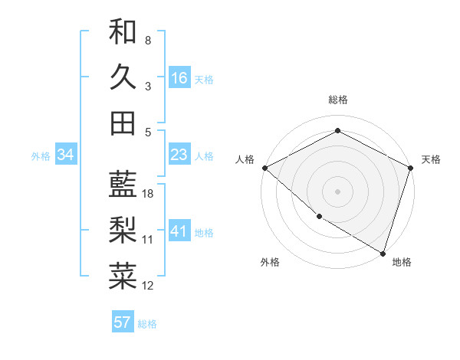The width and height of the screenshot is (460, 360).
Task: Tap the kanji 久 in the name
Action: click(123, 77)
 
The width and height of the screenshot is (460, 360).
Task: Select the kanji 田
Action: click(123, 123)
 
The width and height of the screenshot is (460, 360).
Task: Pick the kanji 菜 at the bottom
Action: click(123, 277)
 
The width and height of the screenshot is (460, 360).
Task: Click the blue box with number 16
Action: click(179, 78)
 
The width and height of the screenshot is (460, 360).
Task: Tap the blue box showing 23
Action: click(179, 155)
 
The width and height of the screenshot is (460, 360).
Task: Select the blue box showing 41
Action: click(179, 231)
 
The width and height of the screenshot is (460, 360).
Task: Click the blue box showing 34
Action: click(66, 155)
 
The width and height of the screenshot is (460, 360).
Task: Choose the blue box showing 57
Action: click(123, 322)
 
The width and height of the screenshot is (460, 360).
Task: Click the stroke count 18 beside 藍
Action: click(148, 194)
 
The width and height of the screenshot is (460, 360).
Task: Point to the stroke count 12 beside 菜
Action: click(148, 286)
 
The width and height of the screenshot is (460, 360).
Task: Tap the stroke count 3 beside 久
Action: click(148, 86)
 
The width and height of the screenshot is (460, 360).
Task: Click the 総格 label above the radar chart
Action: click(337, 100)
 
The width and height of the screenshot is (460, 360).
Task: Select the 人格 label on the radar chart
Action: click(245, 159)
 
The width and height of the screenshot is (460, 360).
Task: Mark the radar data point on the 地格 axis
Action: click(383, 253)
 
